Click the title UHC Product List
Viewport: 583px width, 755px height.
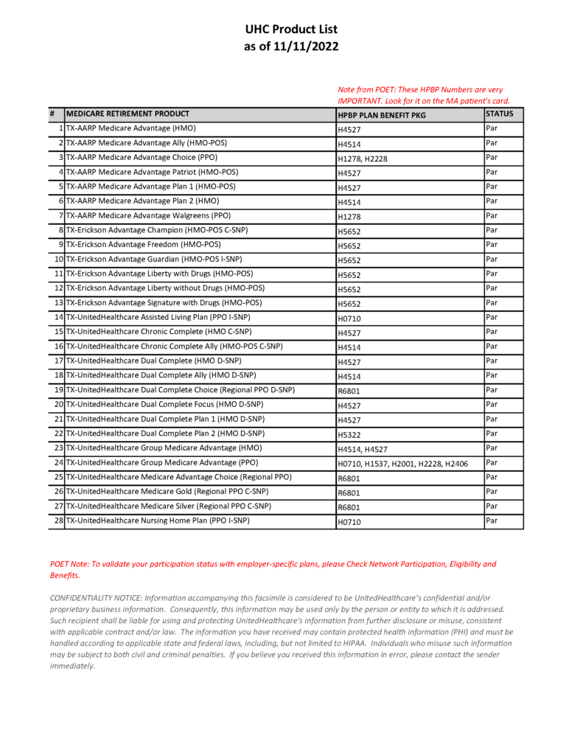click(x=291, y=29)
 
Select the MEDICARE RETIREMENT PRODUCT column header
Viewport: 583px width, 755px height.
click(x=128, y=114)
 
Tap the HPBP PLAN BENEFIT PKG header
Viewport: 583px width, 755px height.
click(x=382, y=116)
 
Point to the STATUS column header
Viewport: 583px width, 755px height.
click(x=499, y=114)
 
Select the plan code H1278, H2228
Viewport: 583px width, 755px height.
click(x=363, y=159)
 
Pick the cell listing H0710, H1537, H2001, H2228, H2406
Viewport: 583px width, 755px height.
click(x=402, y=464)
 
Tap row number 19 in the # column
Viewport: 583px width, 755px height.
click(x=58, y=390)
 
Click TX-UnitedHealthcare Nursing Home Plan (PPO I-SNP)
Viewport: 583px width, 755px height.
click(x=158, y=521)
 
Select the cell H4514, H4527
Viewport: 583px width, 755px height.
click(x=363, y=449)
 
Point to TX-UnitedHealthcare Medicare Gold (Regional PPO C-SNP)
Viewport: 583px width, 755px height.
click(x=167, y=492)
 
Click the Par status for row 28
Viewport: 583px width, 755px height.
click(x=492, y=521)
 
